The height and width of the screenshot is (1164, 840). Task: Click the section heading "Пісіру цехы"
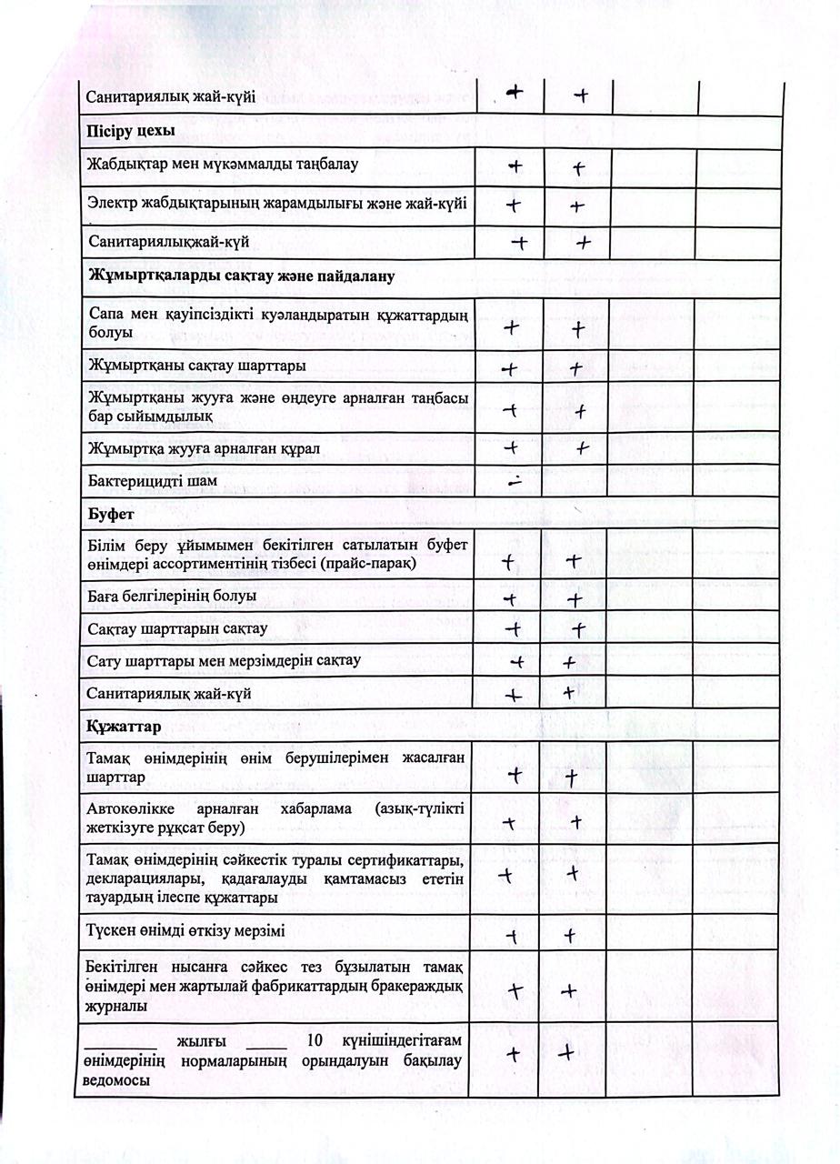131,131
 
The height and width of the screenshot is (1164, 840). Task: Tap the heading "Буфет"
111,515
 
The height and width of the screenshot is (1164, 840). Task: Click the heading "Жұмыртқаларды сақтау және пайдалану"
241,276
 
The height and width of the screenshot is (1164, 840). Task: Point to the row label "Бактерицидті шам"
153,481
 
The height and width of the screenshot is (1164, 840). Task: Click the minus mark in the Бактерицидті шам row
515,483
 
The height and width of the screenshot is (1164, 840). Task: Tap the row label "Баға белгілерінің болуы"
172,597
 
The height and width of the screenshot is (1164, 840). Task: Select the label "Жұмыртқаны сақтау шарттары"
196,366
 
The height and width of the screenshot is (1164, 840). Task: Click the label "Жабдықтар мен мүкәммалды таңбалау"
223,166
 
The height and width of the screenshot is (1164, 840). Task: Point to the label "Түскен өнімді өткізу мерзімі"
193,933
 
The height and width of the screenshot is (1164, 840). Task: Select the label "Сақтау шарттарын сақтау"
177,629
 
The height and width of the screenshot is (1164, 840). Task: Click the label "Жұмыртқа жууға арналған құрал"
203,448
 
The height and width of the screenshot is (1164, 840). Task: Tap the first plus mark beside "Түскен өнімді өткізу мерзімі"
513,935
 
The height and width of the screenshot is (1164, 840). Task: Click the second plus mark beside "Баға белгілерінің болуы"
574,600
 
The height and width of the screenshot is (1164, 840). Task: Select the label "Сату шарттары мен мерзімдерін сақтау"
224,661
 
